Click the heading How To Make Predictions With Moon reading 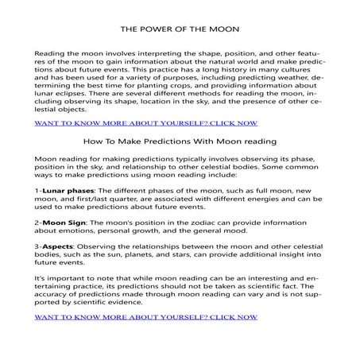[x=179, y=141]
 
